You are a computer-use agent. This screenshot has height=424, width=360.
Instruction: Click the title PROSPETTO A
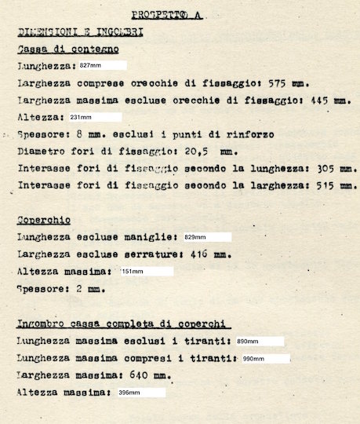[x=167, y=14]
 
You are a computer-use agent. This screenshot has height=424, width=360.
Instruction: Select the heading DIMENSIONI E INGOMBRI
[x=79, y=32]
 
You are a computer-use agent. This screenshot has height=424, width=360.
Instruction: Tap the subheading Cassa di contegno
[x=68, y=49]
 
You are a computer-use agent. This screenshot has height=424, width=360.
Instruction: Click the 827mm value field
[x=102, y=65]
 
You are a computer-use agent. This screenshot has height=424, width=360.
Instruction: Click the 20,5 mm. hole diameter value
[x=209, y=152]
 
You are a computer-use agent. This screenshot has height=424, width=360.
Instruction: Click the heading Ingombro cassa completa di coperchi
[x=123, y=324]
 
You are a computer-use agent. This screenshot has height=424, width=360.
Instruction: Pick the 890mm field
[x=258, y=342]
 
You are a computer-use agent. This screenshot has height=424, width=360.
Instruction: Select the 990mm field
[x=264, y=358]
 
